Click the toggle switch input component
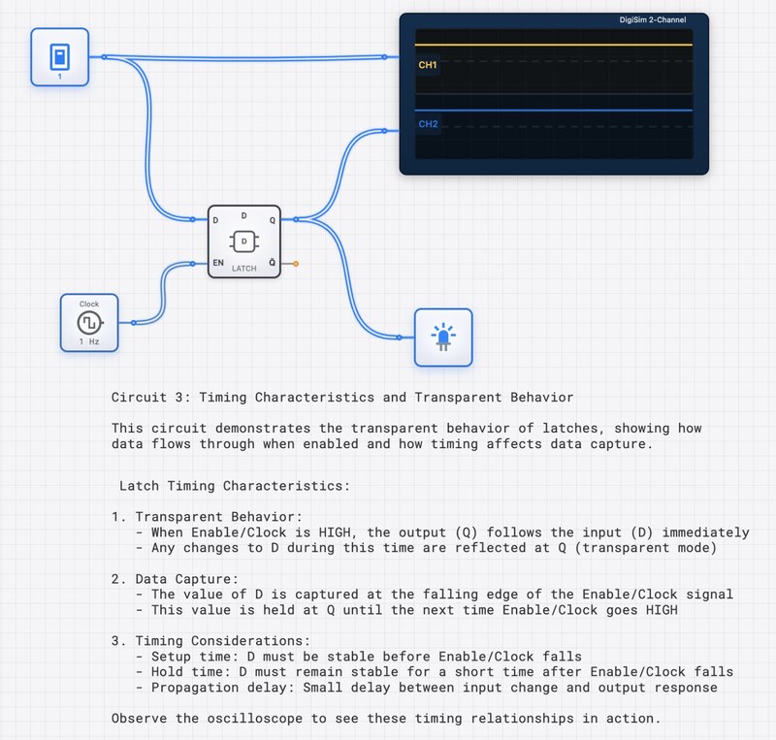pos(59,56)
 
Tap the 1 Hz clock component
pos(89,322)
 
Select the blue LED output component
pos(443,337)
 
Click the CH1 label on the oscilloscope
pos(428,65)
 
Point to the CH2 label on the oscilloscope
pos(428,124)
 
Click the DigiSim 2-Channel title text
pos(652,20)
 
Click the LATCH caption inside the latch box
pos(244,269)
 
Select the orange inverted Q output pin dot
pos(295,263)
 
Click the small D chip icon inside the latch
pos(244,241)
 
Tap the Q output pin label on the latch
pos(272,219)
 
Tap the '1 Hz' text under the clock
pos(89,341)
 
